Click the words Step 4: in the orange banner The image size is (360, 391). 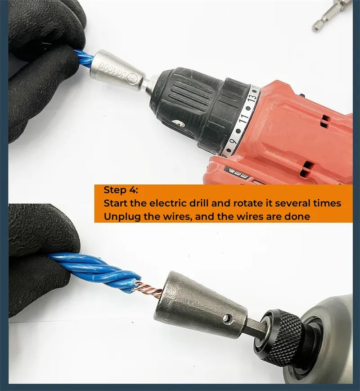click(122, 190)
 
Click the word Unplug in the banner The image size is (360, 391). click(121, 217)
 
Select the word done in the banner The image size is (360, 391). click(297, 217)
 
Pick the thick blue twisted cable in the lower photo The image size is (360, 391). click(94, 270)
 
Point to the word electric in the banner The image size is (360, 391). click(169, 203)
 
